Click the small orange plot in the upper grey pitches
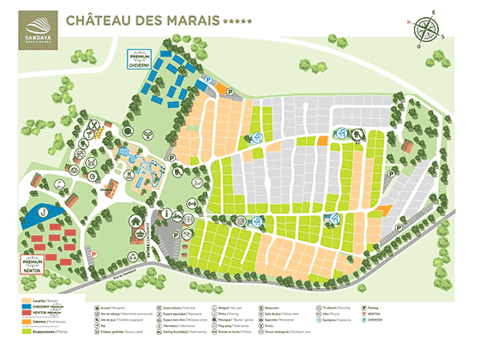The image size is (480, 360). (322, 140)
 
